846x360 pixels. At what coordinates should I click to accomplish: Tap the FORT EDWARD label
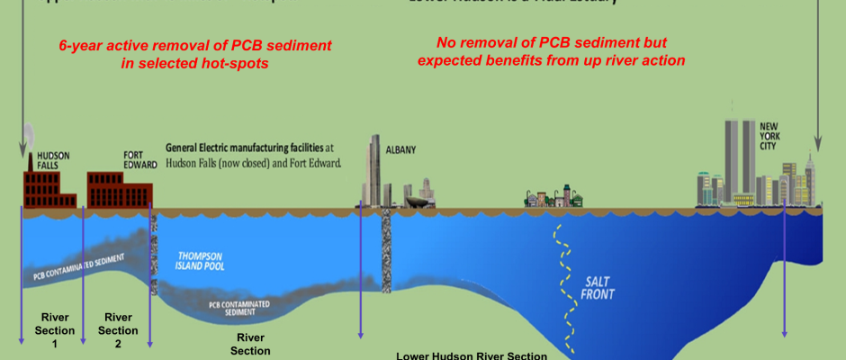(x=140, y=159)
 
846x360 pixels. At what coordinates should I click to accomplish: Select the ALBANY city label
(x=400, y=150)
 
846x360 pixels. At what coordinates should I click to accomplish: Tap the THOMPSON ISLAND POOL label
(x=202, y=261)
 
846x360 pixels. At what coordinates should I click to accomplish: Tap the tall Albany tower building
(x=376, y=171)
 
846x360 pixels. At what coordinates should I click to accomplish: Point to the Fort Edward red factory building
(x=121, y=189)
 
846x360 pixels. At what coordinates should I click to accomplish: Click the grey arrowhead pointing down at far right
(x=818, y=141)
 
